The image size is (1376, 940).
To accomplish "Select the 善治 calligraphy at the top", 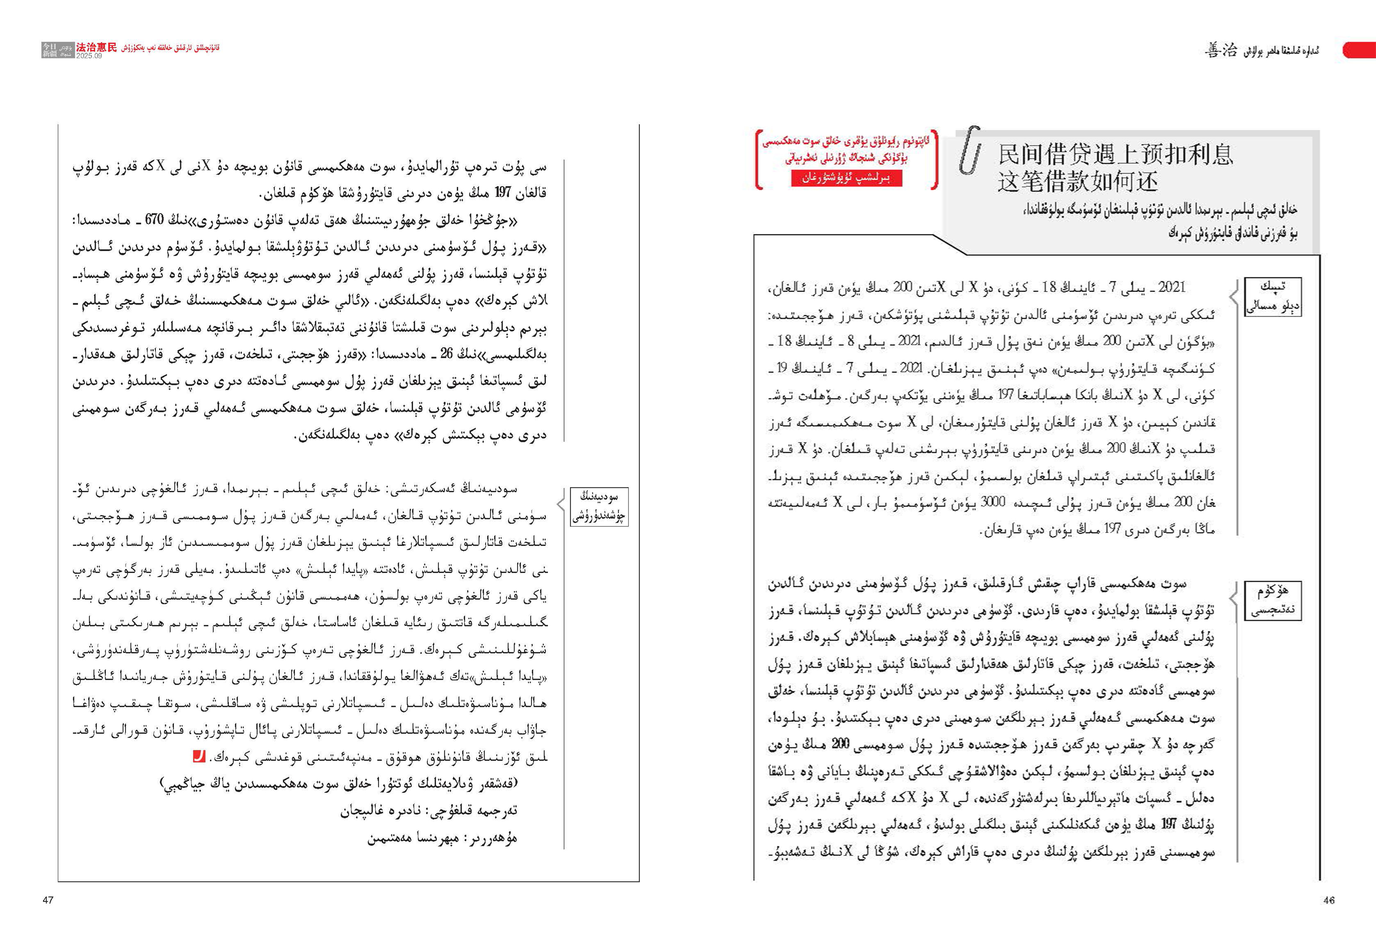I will (x=1221, y=50).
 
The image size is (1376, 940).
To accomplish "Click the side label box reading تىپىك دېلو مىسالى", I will (x=1272, y=297).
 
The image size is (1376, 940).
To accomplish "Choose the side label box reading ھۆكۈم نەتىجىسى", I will (x=1272, y=600).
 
